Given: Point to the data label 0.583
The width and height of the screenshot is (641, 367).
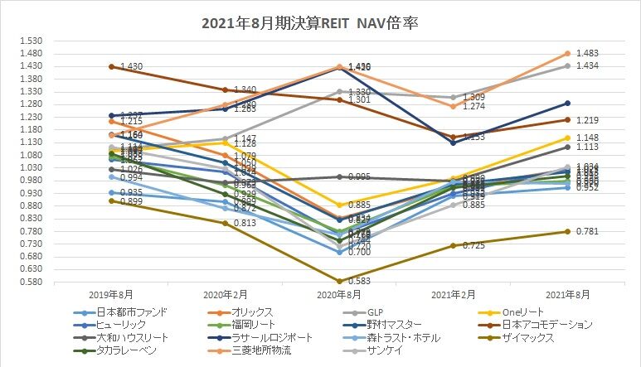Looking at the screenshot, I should pos(358,282).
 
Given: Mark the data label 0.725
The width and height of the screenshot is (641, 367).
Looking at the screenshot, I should pos(473,246).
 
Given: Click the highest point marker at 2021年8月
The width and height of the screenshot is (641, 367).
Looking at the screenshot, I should pos(567,54).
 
